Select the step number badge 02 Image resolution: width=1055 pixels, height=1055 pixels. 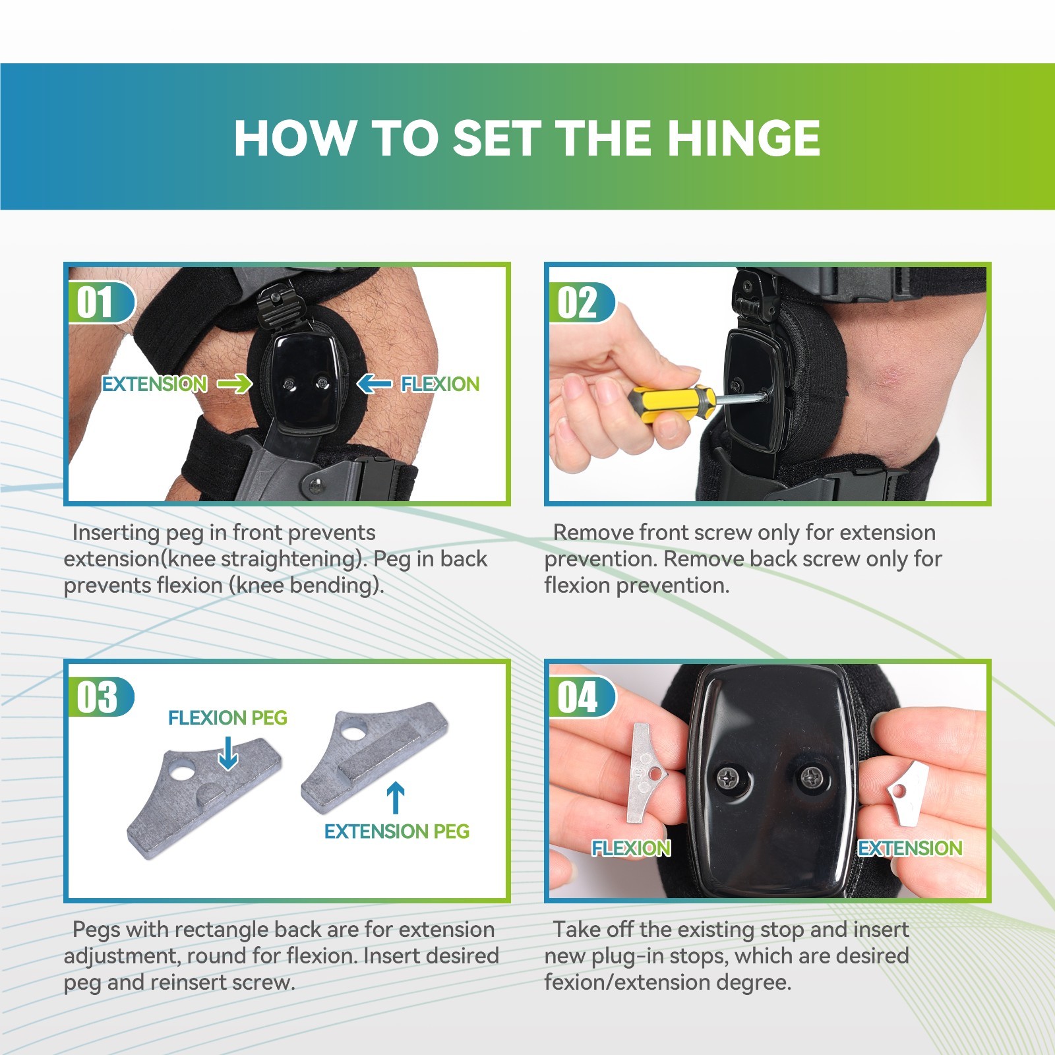[x=578, y=303]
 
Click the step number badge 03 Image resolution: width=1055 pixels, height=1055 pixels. [x=97, y=697]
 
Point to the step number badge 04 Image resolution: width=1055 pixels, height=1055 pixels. [x=578, y=697]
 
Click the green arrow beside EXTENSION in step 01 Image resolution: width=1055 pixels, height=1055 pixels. [x=235, y=383]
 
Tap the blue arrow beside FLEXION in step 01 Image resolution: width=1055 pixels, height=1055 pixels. [x=375, y=383]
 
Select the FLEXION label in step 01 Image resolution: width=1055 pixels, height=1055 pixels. [x=440, y=384]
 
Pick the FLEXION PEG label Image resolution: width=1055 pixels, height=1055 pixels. [x=227, y=717]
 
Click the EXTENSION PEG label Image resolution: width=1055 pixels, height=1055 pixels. [x=396, y=831]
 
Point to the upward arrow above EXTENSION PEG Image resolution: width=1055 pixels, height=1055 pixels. [x=395, y=797]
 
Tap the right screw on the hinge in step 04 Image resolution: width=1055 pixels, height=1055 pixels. [x=810, y=777]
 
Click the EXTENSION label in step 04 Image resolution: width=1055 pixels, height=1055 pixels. [x=910, y=848]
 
